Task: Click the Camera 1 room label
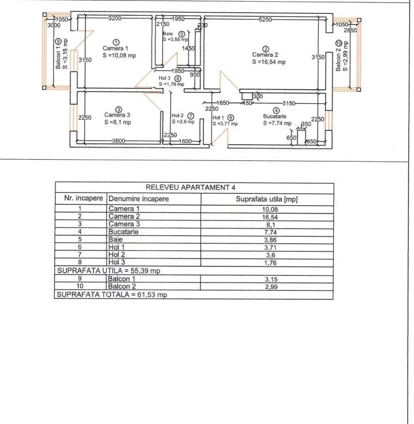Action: pyautogui.click(x=115, y=48)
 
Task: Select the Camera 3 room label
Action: pyautogui.click(x=117, y=115)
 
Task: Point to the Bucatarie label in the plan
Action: pyautogui.click(x=275, y=116)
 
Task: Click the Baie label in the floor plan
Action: pyautogui.click(x=169, y=34)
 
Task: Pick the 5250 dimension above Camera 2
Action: pyautogui.click(x=265, y=19)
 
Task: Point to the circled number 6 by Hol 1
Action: pyautogui.click(x=230, y=118)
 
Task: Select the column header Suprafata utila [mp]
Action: pyautogui.click(x=267, y=199)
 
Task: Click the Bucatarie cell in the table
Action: pyautogui.click(x=124, y=232)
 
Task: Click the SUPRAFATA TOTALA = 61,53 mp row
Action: pyautogui.click(x=111, y=295)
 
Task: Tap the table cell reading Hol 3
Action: pyautogui.click(x=117, y=262)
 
